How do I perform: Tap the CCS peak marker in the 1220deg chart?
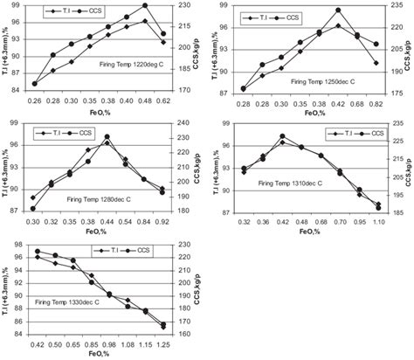point(145,6)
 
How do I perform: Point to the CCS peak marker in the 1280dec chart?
point(107,137)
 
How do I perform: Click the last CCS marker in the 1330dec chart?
point(163,325)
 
